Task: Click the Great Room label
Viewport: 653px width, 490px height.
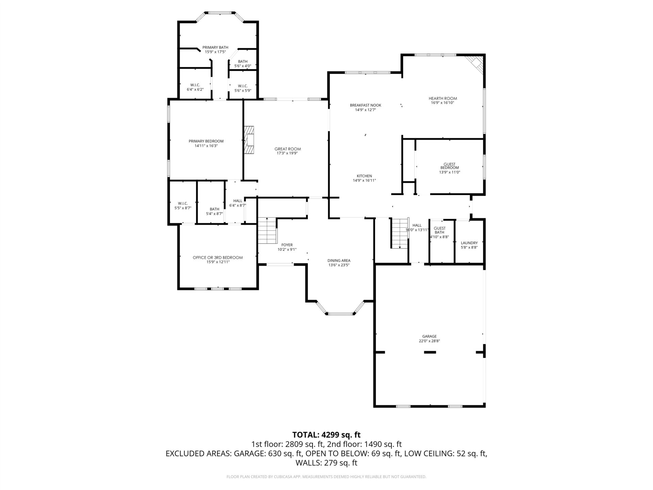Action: [x=288, y=149]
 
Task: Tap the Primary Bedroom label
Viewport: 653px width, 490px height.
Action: [x=206, y=141]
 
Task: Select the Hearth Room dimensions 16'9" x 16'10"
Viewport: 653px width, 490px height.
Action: [x=443, y=103]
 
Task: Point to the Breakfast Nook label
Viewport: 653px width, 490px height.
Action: [x=366, y=105]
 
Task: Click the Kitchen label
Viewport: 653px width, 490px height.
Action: [x=364, y=176]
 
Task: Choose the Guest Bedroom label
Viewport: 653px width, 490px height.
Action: [x=450, y=166]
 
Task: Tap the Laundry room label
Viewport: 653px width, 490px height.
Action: [x=469, y=243]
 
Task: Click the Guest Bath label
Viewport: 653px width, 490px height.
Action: [x=440, y=230]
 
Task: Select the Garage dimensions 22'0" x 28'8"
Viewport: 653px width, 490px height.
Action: [x=430, y=341]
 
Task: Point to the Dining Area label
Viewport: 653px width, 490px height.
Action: [x=339, y=261]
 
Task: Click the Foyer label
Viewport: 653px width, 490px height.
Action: [x=287, y=245]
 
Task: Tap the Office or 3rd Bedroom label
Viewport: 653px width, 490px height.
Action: [x=218, y=258]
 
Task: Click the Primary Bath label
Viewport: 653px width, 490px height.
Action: [x=215, y=48]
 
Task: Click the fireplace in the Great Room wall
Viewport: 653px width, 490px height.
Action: [x=249, y=140]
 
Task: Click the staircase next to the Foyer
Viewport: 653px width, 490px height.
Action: [x=267, y=230]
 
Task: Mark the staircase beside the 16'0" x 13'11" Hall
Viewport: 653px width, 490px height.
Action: [x=400, y=233]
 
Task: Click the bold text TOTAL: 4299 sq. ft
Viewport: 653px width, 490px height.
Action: [x=326, y=435]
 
